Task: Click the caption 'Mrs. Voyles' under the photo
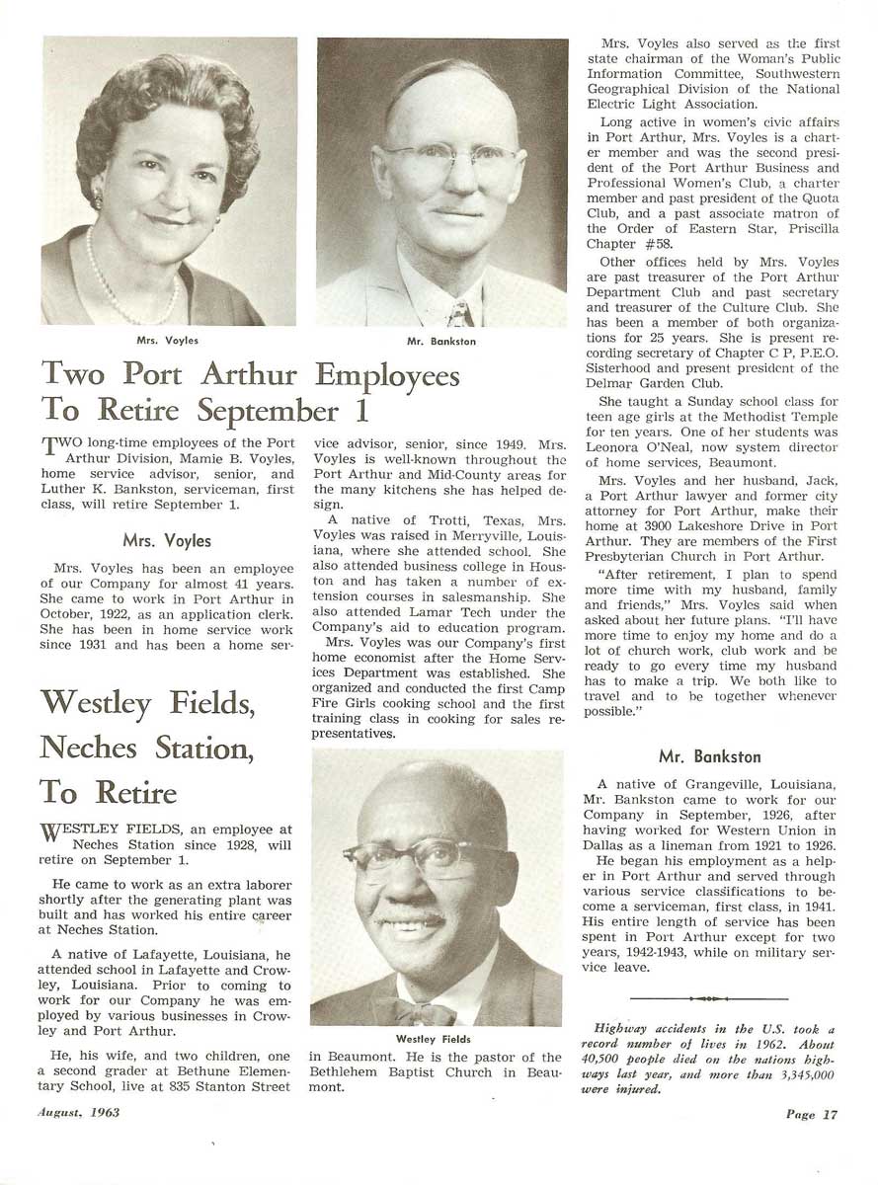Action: pos(168,341)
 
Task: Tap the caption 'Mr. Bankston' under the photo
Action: pos(441,342)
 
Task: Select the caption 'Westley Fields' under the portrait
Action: pos(434,1039)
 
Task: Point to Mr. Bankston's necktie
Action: pos(459,314)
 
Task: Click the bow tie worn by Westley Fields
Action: pos(419,1012)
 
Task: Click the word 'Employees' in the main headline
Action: pos(387,376)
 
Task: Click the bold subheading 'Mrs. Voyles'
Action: pos(167,540)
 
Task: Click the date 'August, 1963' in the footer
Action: pos(78,1113)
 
